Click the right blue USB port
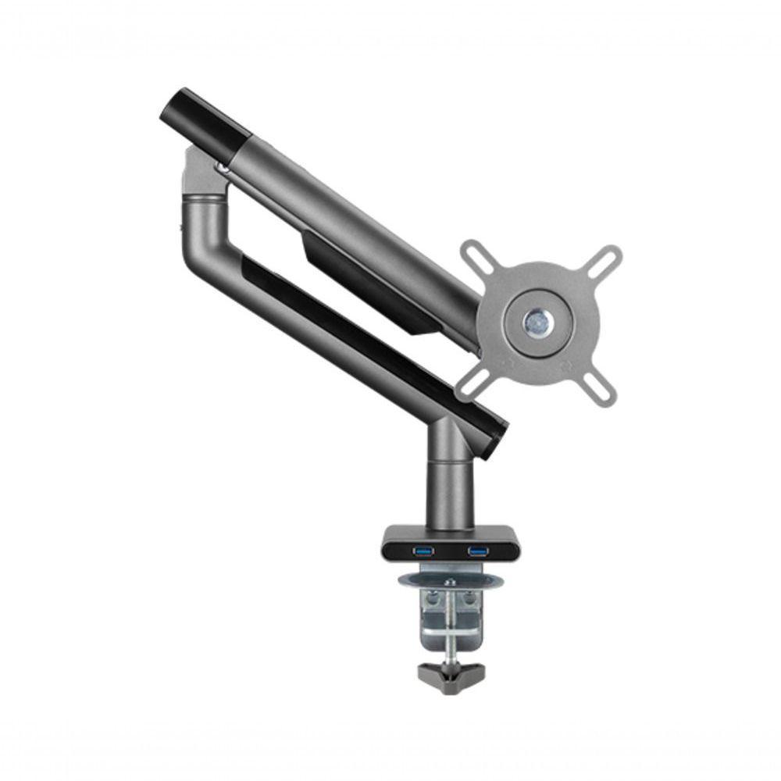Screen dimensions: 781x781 pyautogui.click(x=476, y=552)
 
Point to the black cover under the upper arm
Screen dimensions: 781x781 pyautogui.click(x=367, y=285)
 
